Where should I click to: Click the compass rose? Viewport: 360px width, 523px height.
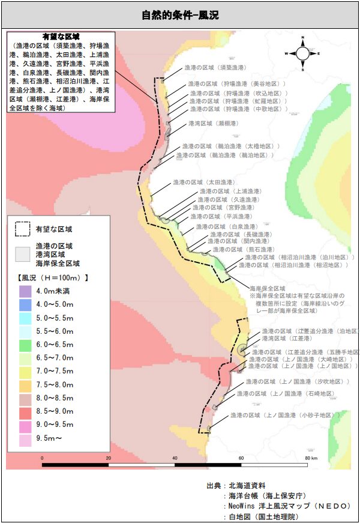[x=303, y=53]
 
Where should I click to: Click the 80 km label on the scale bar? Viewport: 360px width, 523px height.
[x=311, y=458]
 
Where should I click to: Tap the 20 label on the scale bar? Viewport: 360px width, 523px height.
[x=108, y=458]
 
